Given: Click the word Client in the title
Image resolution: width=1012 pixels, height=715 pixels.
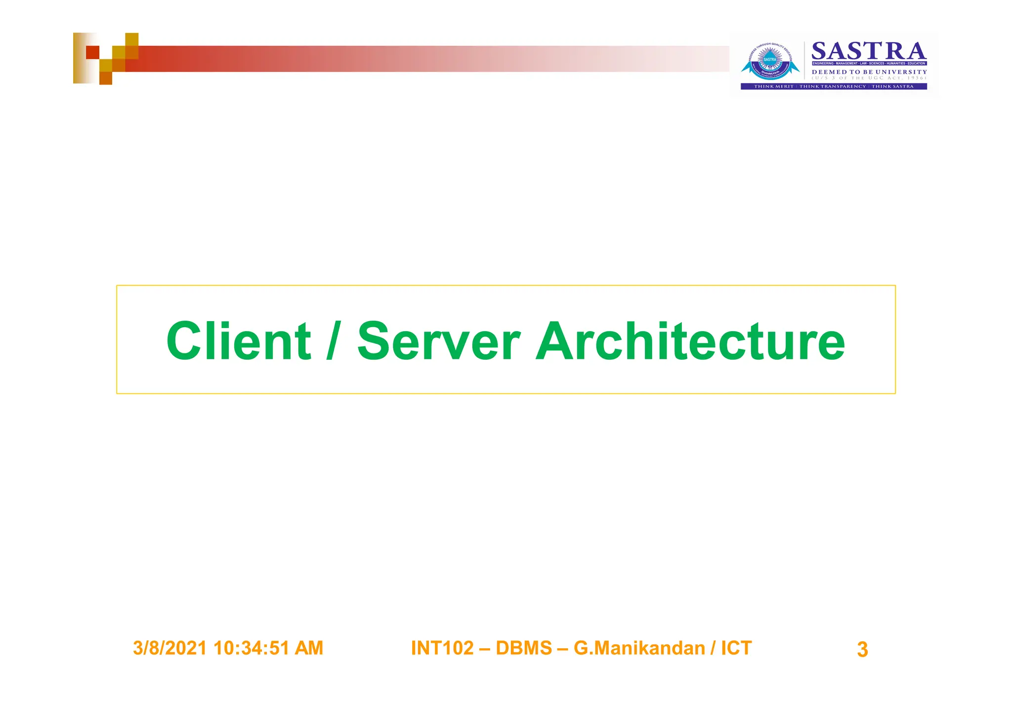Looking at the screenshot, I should point(239,341).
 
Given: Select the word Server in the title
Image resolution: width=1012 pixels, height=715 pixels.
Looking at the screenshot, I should point(438,341).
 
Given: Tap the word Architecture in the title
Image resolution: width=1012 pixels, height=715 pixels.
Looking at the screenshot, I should point(690,341).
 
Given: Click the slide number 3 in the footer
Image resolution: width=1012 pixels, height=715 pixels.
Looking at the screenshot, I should point(862,649).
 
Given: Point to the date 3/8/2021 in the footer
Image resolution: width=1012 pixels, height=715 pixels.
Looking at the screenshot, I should point(169,648).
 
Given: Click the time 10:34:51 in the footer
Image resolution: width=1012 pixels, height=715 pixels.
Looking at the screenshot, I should point(252,648).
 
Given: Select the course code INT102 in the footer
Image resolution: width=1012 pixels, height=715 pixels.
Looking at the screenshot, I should point(442,648).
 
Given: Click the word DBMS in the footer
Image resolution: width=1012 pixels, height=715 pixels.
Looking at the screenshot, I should point(524,648).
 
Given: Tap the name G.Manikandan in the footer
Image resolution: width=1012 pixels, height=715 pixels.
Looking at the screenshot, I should point(639,648).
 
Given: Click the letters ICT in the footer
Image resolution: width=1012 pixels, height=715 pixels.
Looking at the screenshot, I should point(736,648).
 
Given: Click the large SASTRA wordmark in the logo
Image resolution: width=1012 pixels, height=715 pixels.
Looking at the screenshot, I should point(869,51).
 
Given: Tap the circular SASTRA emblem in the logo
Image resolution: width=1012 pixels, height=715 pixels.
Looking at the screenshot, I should point(770,62).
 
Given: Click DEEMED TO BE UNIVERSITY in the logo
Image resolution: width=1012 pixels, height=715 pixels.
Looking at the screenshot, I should point(869,72).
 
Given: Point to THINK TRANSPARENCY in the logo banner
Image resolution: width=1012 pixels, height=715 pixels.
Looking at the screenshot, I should point(833,86).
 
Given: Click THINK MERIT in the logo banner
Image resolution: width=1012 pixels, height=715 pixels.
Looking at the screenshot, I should point(773,86).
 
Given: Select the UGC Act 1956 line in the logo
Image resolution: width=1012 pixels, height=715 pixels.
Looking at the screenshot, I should point(869,78).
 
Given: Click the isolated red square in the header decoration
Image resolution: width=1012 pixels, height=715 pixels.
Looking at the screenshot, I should point(92,52).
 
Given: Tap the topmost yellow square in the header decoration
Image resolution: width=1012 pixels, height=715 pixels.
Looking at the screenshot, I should point(131,40).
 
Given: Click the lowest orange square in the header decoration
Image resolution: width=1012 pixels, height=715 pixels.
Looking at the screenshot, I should point(106,78).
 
